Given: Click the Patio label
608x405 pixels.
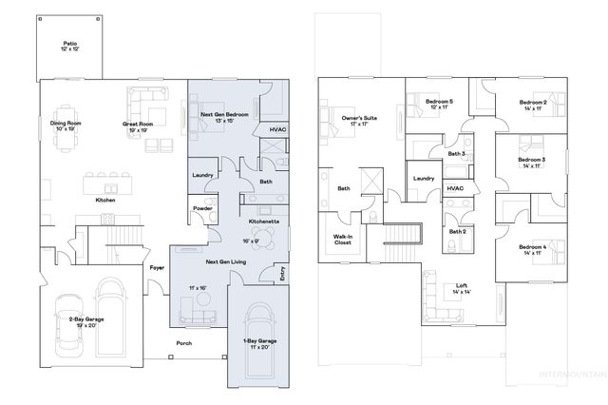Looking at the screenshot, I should coord(69,45).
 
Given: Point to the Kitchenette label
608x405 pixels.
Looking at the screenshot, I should coord(263,221).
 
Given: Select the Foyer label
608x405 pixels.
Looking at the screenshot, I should coord(157,268).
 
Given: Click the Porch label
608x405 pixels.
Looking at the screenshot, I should coord(184,344).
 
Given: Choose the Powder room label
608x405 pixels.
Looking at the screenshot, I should coord(201,208).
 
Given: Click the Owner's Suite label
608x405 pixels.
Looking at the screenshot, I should coord(359,120).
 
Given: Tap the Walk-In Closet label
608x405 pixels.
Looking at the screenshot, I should coord(342,240).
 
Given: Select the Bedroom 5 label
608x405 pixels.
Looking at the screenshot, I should coord(439,104).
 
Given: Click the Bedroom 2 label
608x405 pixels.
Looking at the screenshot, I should coord(532,105).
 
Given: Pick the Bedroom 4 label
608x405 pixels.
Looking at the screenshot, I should coord(532,249).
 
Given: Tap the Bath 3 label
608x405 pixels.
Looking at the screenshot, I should coord(456,153).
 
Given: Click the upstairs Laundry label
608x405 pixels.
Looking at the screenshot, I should coord(423,178).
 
